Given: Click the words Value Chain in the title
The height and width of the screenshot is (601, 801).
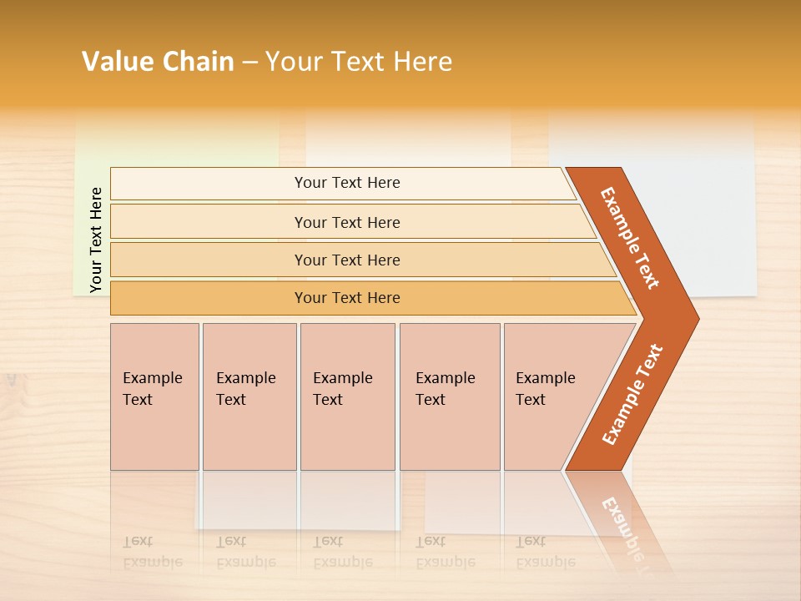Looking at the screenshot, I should (x=158, y=62).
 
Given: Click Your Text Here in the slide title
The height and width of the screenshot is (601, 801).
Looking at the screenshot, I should (x=359, y=62).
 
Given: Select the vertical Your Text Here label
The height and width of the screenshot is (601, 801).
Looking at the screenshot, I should (x=96, y=240).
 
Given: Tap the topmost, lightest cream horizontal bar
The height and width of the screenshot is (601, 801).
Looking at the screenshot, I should (x=347, y=183).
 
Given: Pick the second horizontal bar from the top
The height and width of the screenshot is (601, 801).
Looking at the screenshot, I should (x=347, y=222).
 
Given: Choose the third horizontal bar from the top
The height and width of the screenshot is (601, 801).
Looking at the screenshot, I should (x=347, y=260).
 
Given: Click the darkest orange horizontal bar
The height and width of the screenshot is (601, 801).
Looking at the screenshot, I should (x=347, y=298).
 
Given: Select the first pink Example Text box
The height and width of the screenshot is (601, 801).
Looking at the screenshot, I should (x=154, y=396).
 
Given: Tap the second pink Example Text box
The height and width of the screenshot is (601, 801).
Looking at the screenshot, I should (x=249, y=396).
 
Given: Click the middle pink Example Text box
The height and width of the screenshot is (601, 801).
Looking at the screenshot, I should (x=347, y=396).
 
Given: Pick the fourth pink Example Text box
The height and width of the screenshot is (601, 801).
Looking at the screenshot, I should (x=449, y=396).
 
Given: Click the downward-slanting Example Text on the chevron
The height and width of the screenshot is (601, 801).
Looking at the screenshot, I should (x=630, y=238).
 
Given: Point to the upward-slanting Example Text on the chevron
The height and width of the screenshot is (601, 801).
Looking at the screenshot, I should (x=632, y=395).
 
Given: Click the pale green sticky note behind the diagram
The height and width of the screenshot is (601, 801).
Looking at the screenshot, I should (x=92, y=142).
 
